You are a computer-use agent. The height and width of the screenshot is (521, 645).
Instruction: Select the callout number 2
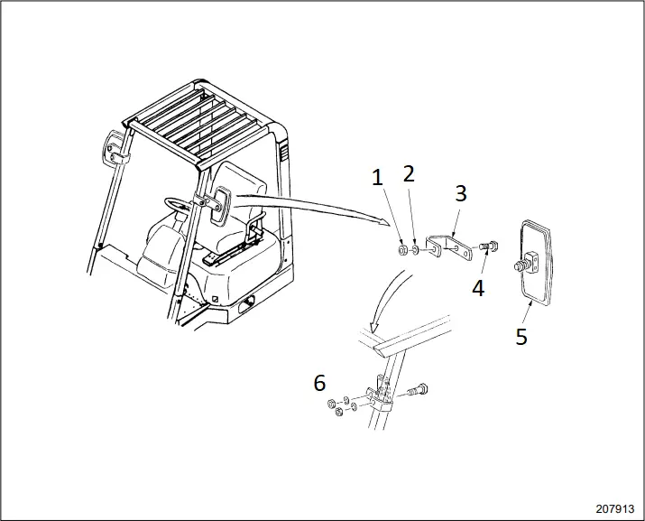[409, 173]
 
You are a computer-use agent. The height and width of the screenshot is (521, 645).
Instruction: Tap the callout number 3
[460, 192]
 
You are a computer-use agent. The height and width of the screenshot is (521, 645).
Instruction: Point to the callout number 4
[478, 288]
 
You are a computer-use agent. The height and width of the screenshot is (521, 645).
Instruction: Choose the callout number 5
[521, 336]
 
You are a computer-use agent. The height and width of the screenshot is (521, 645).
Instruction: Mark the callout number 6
[319, 382]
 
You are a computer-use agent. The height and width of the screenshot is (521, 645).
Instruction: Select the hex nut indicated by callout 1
[401, 248]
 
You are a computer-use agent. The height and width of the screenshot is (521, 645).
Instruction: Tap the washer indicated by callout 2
[414, 248]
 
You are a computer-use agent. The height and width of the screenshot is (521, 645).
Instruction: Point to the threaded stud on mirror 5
[521, 267]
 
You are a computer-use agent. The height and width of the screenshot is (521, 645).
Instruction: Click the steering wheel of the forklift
[180, 204]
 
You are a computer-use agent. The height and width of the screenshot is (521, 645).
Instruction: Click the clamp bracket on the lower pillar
[380, 397]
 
